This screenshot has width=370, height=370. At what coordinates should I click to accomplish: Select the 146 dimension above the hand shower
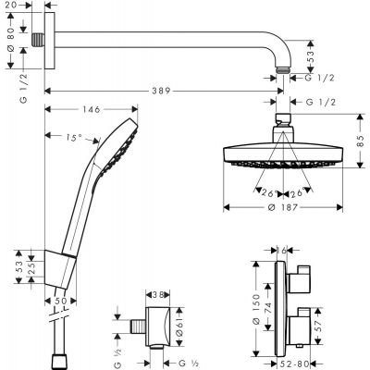pos(90,109)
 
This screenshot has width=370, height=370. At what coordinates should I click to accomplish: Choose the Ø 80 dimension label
pos(10,41)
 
